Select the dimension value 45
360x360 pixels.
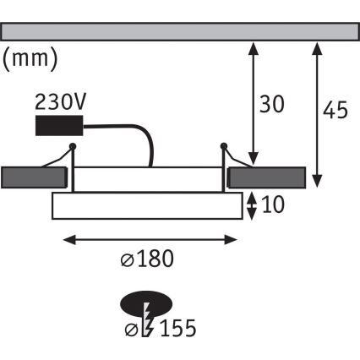(336, 110)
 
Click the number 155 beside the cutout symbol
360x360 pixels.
(180, 325)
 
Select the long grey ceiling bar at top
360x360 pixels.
(178, 30)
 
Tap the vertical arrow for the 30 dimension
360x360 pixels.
(251, 101)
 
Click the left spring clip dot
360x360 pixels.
(74, 148)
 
